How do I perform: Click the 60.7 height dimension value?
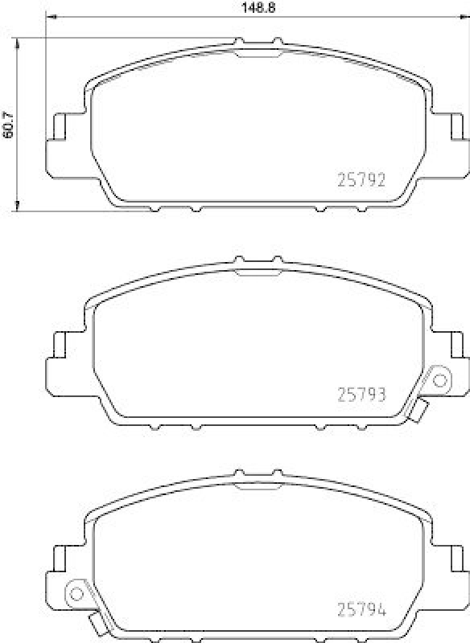(9, 125)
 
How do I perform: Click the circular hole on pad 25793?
(440, 379)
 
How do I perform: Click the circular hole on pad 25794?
(77, 593)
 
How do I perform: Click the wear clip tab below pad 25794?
(97, 625)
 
